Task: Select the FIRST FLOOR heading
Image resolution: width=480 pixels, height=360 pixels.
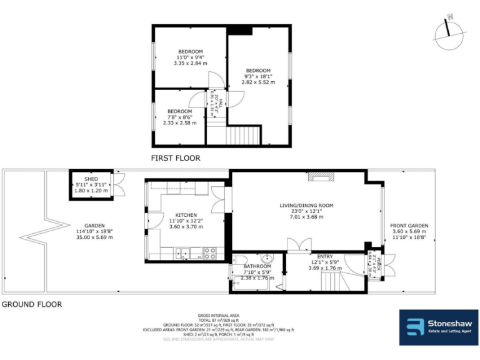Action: click(176, 158)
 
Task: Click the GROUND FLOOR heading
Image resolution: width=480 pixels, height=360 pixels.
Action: click(31, 304)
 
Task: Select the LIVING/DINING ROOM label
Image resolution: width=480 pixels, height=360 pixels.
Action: click(306, 205)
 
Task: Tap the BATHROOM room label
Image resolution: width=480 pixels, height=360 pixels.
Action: click(257, 266)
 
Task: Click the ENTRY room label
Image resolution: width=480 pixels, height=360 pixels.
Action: click(325, 257)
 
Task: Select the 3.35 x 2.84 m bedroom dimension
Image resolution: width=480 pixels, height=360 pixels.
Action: click(190, 63)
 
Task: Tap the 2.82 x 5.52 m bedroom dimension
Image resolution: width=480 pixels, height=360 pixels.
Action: click(258, 82)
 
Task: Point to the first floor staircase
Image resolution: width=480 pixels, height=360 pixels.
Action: click(242, 134)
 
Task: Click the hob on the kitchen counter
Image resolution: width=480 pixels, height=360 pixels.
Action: click(210, 253)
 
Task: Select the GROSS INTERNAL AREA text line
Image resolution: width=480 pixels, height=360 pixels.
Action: click(224, 315)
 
